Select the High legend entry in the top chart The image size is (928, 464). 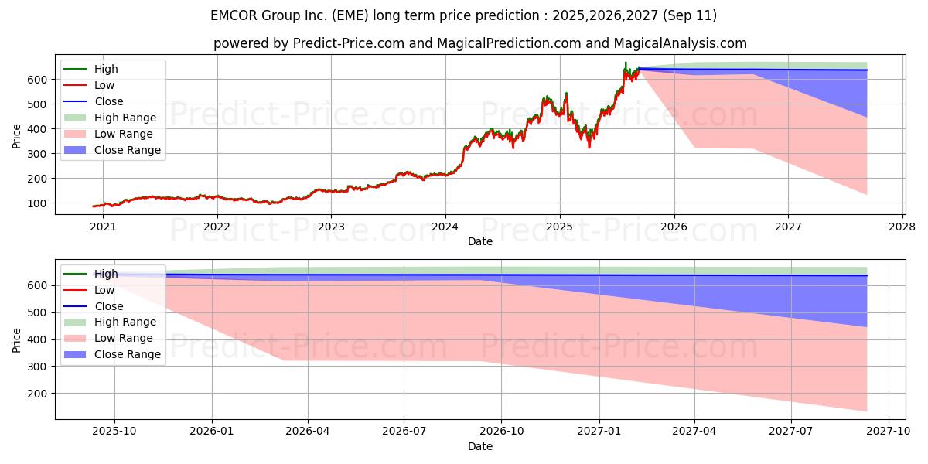(x=106, y=69)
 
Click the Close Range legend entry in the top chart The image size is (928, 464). (x=127, y=150)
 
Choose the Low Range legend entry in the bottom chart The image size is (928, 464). (x=123, y=338)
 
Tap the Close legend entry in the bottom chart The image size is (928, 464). (x=108, y=306)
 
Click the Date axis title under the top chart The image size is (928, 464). (x=480, y=242)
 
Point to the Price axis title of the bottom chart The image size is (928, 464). (x=17, y=339)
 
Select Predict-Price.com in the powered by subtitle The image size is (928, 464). (x=350, y=43)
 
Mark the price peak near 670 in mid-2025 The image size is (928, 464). (x=626, y=63)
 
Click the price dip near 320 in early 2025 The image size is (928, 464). (x=589, y=147)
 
